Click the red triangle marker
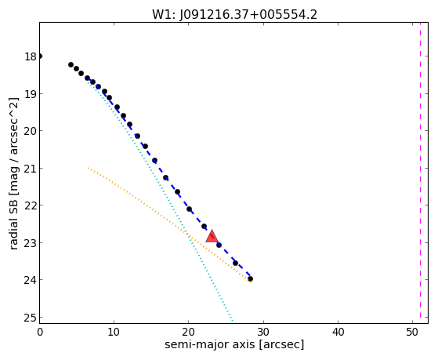click(x=212, y=237)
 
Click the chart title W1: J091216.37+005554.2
click(x=234, y=15)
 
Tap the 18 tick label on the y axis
click(x=31, y=56)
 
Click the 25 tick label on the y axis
click(x=31, y=318)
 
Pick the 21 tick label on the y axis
click(x=31, y=169)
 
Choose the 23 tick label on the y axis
click(x=31, y=243)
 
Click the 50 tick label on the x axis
click(x=412, y=332)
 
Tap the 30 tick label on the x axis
click(x=263, y=332)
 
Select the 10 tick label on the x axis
click(x=114, y=332)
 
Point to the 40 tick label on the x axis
click(x=338, y=332)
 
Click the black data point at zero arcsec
click(x=40, y=56)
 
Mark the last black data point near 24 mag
click(x=250, y=278)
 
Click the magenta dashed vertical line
click(x=420, y=173)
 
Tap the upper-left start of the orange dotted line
click(x=88, y=168)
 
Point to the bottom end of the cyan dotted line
click(x=233, y=321)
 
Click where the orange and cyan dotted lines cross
click(x=188, y=235)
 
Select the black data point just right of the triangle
click(x=219, y=245)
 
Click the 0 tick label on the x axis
click(x=40, y=332)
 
